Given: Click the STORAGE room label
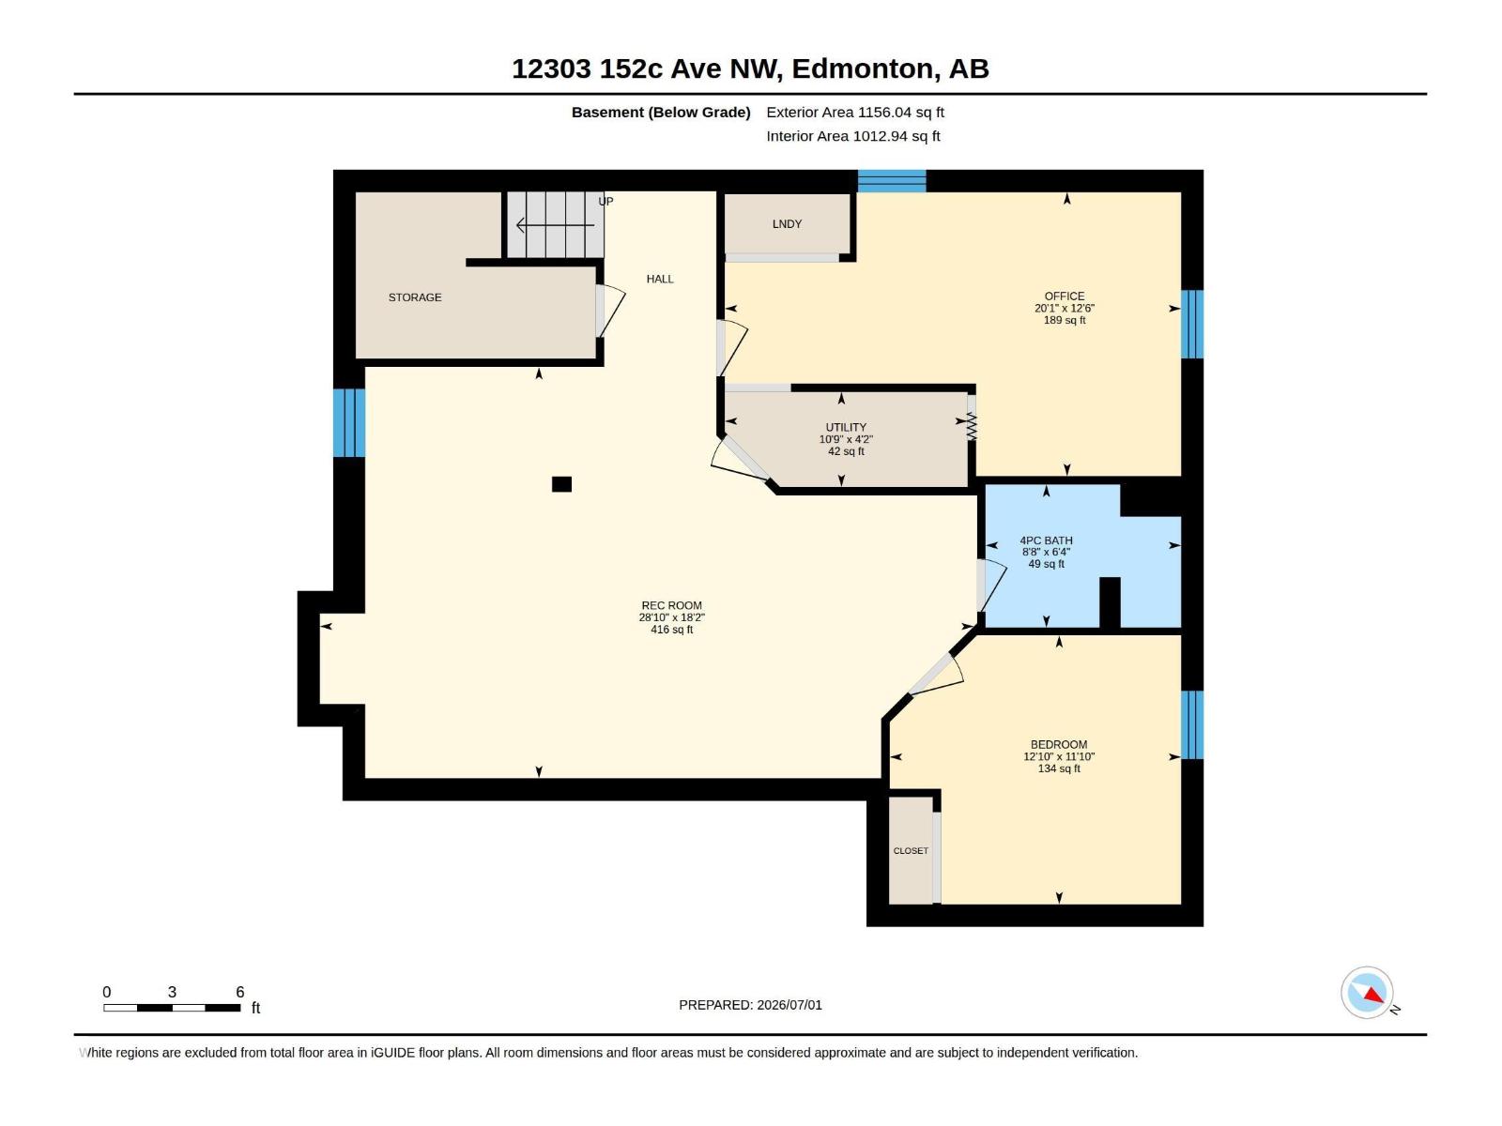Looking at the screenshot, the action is point(415,297).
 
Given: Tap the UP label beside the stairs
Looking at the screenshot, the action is point(605,201).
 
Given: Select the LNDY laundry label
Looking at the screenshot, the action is point(787,223).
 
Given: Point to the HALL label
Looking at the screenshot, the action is point(660,279).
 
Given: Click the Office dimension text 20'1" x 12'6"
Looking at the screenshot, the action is point(1064,309).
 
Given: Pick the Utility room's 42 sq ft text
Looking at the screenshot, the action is point(846,451).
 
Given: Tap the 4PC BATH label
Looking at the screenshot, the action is point(1047,540).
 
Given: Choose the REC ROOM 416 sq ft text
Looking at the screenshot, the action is point(671,629).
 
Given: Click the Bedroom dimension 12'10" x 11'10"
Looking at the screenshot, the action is point(1059,756).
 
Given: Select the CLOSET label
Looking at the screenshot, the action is point(911,850).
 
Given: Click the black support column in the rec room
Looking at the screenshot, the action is point(561,484).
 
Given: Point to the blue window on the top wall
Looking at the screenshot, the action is point(892,181).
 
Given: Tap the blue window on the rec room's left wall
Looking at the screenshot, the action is point(349,422).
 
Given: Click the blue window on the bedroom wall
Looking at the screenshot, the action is point(1192,724).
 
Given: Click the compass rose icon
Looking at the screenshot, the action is point(1367,993).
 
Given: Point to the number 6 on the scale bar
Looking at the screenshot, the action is point(240,991).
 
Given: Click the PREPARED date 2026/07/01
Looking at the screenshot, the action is point(789,1005).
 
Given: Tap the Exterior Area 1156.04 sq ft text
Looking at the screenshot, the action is point(854,112).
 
